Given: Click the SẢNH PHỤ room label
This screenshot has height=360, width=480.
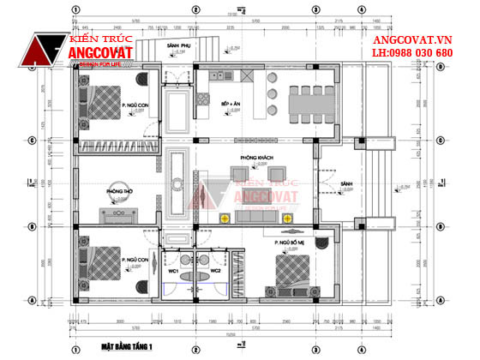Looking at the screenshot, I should pyautogui.click(x=180, y=45).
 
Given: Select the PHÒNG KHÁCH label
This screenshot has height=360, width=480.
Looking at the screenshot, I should pyautogui.click(x=255, y=158).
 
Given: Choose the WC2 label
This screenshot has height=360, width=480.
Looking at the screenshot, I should pyautogui.click(x=216, y=271).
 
